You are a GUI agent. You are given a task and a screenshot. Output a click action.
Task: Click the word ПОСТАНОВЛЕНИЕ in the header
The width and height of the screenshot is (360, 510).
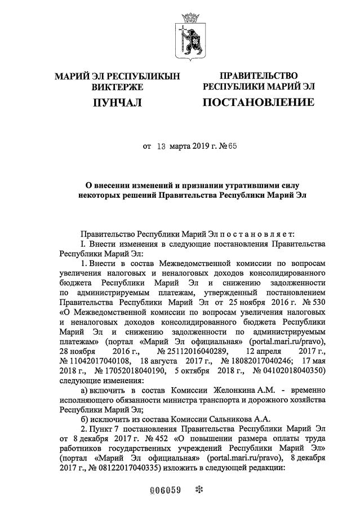point(258,102)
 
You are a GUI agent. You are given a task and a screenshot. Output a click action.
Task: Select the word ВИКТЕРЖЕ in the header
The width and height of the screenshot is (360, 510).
point(117,87)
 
